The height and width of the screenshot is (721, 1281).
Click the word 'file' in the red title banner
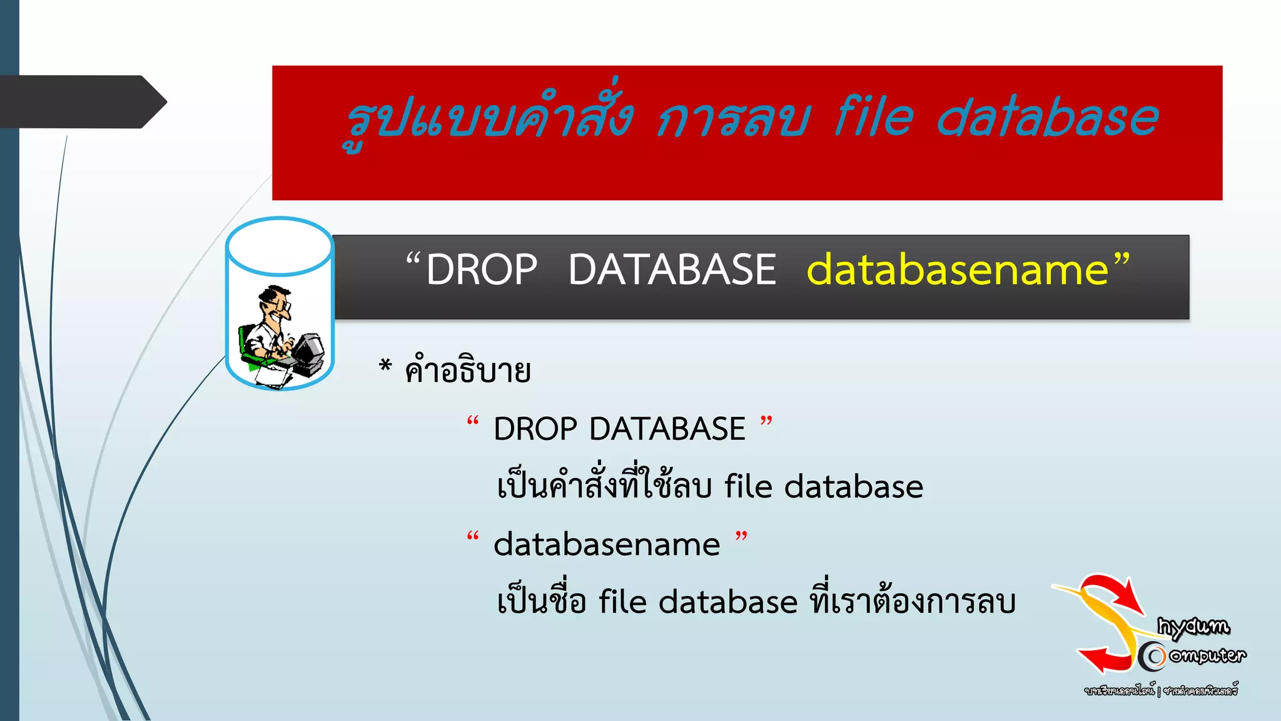874,118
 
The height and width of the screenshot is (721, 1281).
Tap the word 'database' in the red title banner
1047,118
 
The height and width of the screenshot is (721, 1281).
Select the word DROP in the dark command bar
482,270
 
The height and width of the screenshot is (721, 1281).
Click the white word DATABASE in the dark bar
672,270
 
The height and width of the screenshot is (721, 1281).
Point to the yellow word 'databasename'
958,270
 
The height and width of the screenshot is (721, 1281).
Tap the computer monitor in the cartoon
308,350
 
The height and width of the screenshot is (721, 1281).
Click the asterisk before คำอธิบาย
385,366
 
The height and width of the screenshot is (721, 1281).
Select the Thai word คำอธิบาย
468,371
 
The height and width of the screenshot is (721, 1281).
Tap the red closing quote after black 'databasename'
741,536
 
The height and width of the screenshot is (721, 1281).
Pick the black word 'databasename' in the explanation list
607,545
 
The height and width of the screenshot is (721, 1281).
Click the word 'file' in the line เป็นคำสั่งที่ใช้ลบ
748,486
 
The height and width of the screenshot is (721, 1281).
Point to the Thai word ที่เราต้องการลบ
913,601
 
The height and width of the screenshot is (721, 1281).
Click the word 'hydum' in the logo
1193,626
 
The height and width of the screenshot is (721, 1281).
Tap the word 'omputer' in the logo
1207,655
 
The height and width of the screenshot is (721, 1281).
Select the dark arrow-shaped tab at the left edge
81,102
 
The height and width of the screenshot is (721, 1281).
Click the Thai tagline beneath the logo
1161,691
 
